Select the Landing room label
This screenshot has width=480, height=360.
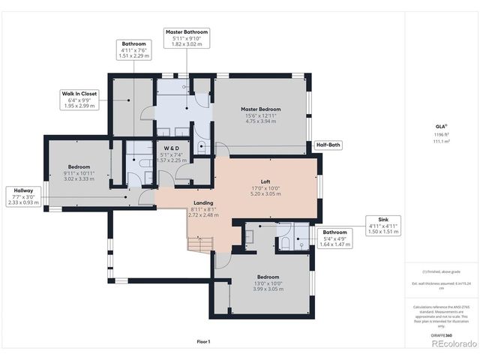click(202, 203)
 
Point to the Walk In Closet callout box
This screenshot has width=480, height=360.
click(78, 99)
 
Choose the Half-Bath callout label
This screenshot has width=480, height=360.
click(328, 145)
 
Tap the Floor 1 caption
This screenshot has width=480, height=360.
click(203, 341)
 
